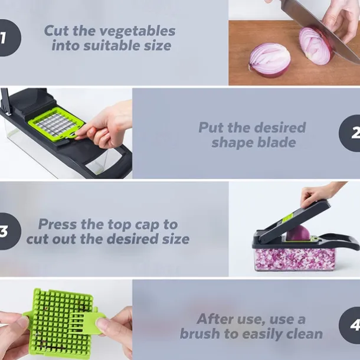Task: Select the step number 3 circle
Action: point(7,231)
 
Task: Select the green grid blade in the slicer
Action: point(55,122)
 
